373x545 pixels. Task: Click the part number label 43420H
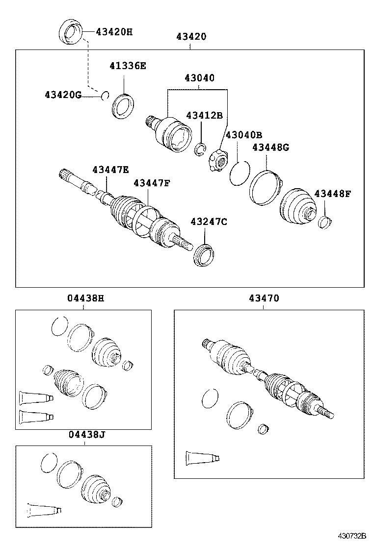pyautogui.click(x=114, y=32)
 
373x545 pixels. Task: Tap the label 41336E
pyautogui.click(x=128, y=66)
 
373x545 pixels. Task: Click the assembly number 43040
pyautogui.click(x=199, y=78)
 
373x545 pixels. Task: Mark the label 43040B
pyautogui.click(x=243, y=135)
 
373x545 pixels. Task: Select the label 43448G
pyautogui.click(x=270, y=148)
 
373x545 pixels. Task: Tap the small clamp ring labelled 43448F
pyautogui.click(x=324, y=222)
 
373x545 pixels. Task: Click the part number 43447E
pyautogui.click(x=110, y=170)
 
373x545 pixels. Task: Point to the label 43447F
pyautogui.click(x=152, y=183)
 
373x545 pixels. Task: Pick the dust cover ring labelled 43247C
pyautogui.click(x=206, y=255)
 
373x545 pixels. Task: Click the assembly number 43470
pyautogui.click(x=263, y=298)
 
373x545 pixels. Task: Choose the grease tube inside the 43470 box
pyautogui.click(x=202, y=458)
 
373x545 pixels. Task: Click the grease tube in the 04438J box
pyautogui.click(x=44, y=510)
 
